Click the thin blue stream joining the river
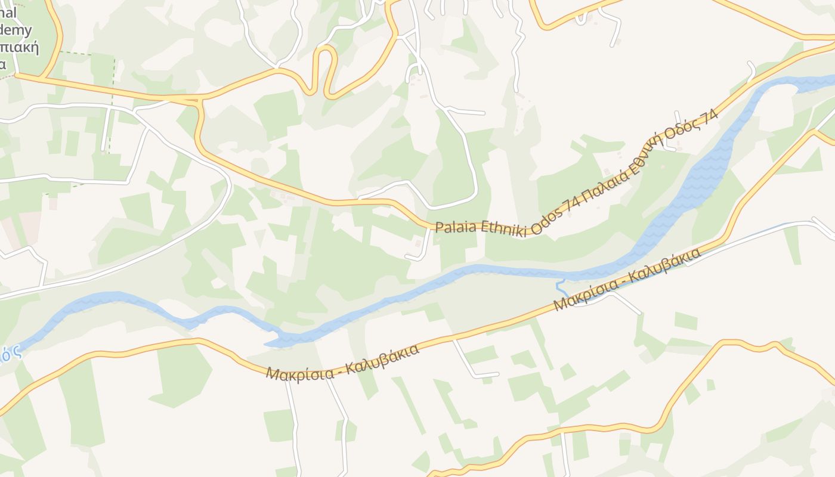[x=561, y=286]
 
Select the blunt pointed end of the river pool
[x=268, y=343]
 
